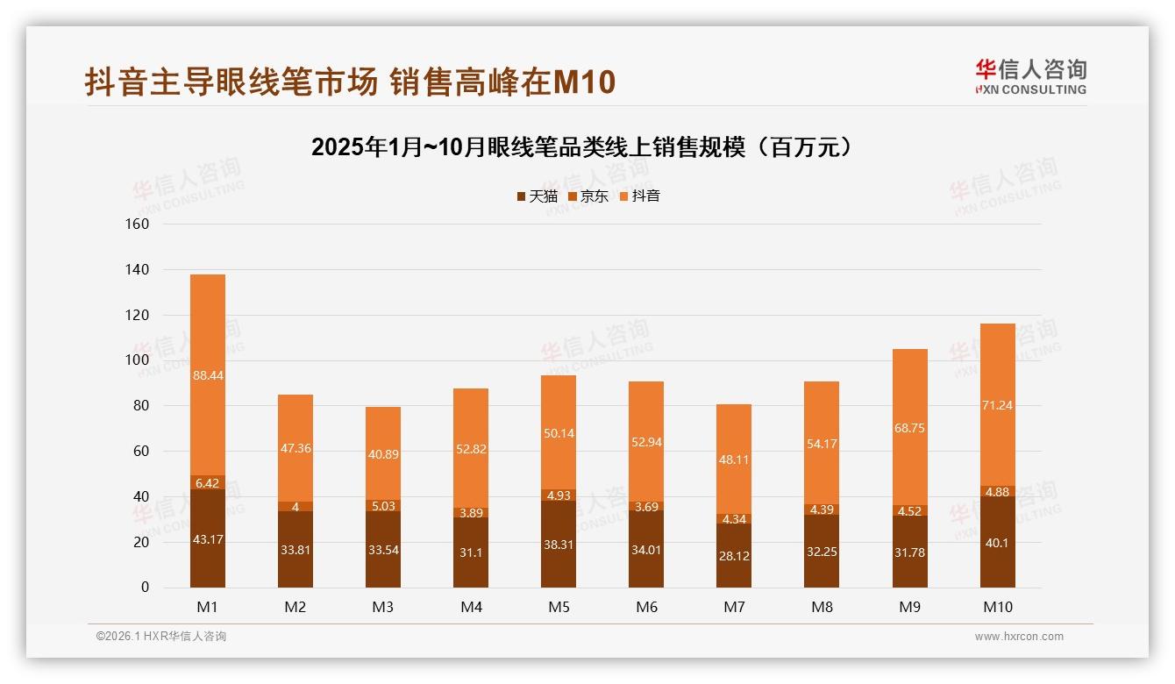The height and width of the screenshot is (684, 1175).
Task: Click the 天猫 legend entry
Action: (x=537, y=196)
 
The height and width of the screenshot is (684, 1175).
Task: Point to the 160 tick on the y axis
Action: (x=139, y=224)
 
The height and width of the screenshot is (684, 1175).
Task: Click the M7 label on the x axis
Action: (x=734, y=607)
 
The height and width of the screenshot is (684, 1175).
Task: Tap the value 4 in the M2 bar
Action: (x=296, y=507)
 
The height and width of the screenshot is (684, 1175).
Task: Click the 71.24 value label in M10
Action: (x=997, y=405)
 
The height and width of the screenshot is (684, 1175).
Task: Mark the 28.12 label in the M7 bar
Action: (x=734, y=555)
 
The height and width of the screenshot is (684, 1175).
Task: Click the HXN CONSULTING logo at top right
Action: (x=1030, y=77)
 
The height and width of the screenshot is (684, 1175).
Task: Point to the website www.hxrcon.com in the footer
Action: (x=1018, y=637)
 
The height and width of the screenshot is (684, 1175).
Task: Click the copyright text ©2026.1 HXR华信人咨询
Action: (x=160, y=637)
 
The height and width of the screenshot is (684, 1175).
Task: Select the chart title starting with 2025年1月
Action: (x=580, y=147)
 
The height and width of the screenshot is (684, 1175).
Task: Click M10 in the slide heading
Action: (x=584, y=82)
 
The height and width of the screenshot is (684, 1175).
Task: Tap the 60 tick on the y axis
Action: (x=142, y=451)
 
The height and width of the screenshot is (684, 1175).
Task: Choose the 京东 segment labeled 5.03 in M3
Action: (x=383, y=506)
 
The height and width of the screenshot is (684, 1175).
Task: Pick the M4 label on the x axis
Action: (x=471, y=607)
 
